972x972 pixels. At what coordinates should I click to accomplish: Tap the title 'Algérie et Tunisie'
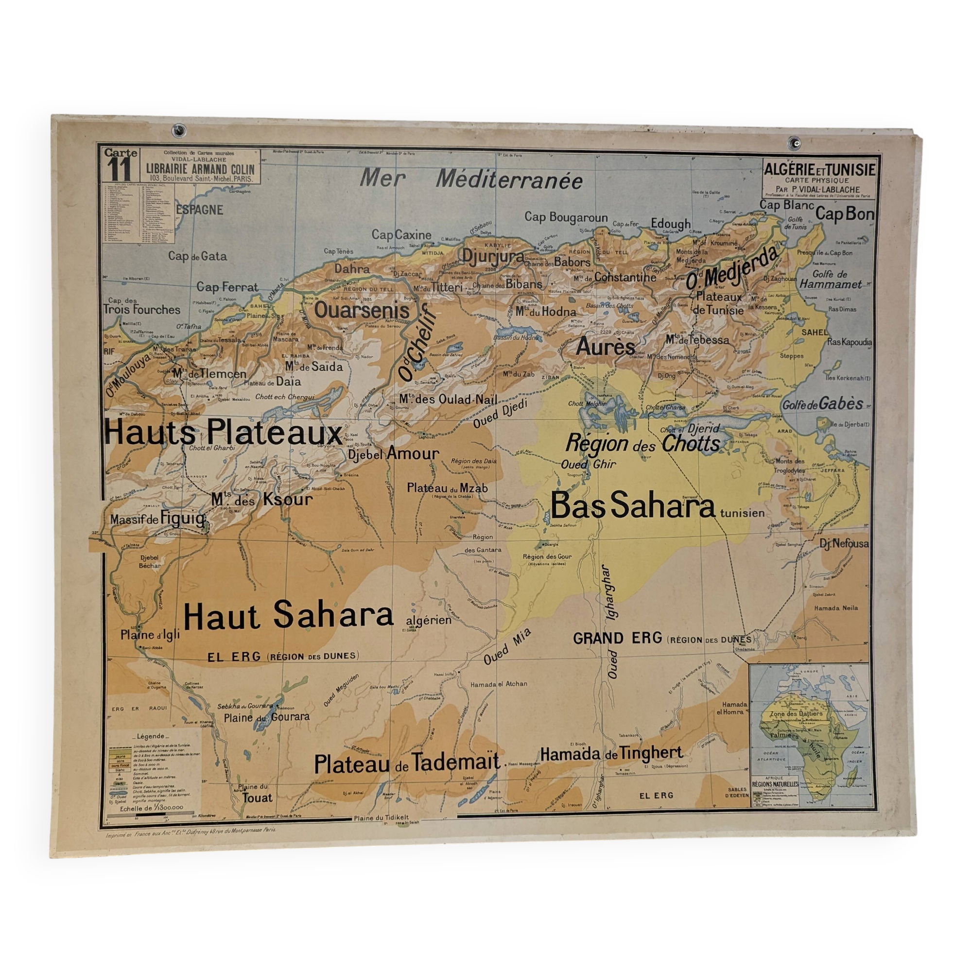click(x=819, y=170)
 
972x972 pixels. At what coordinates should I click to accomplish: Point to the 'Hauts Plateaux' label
click(x=223, y=433)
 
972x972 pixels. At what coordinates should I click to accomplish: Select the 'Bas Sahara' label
click(x=632, y=506)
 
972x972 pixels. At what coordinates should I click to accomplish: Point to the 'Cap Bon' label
click(x=844, y=214)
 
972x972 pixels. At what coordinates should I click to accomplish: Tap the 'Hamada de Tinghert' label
click(x=611, y=753)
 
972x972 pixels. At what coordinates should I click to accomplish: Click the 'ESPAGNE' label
click(x=199, y=210)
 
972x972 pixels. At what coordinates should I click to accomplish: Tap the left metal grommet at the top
click(x=177, y=132)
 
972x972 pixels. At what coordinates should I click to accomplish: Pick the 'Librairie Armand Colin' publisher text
click(x=200, y=170)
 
